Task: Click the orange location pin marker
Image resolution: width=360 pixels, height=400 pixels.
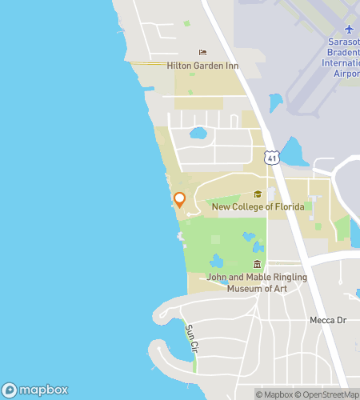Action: (180, 200)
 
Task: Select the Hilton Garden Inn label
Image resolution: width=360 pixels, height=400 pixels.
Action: (202, 66)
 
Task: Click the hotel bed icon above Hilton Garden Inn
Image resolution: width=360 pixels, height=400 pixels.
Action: (202, 53)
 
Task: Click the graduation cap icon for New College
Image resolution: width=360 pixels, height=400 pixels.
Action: (258, 194)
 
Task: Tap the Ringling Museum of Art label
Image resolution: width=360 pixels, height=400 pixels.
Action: (257, 283)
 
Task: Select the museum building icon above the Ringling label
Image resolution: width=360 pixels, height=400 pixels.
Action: (257, 265)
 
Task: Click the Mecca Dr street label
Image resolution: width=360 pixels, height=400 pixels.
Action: (327, 320)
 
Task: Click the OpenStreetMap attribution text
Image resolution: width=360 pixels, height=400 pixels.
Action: (330, 394)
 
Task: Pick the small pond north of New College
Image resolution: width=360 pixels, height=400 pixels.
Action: (198, 133)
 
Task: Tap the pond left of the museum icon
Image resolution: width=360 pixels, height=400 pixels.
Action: (216, 261)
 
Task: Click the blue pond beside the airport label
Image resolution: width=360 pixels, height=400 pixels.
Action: (276, 102)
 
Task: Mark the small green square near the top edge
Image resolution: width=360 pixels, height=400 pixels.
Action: (186, 24)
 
